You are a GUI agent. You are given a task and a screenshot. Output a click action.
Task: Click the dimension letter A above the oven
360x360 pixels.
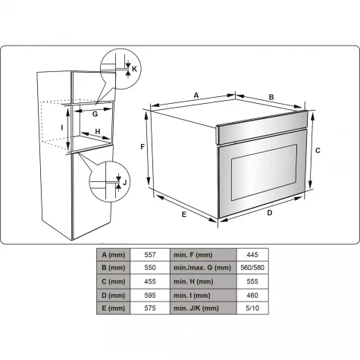tap(196, 95)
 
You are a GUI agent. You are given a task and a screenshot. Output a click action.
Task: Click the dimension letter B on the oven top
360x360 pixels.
tap(271, 97)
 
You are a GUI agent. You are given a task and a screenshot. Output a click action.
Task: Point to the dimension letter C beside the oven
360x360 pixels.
tap(318, 151)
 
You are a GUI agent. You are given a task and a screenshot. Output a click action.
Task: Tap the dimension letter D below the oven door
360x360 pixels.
tap(270, 213)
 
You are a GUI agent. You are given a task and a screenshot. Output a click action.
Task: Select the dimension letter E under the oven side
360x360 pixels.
tap(184, 214)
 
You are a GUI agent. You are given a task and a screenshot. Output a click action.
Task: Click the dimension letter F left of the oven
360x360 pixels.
tap(142, 146)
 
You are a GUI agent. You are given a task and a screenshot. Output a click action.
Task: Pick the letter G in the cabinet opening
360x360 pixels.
tap(95, 114)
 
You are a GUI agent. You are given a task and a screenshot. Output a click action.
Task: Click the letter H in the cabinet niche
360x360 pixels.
tap(98, 132)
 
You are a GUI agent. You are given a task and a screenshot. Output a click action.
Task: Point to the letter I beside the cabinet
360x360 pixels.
tap(62, 128)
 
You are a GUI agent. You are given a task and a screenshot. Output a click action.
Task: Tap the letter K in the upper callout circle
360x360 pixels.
tap(134, 69)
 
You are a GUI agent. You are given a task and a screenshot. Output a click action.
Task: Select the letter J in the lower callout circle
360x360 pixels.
tap(124, 182)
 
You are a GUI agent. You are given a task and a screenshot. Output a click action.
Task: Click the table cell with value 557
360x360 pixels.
tap(150, 255)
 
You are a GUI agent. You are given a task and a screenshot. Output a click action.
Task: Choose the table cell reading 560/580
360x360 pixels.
tap(252, 268)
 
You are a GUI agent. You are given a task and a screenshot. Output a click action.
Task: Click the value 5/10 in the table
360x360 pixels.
tap(252, 308)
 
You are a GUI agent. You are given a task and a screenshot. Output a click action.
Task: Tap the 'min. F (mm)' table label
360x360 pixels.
tap(193, 255)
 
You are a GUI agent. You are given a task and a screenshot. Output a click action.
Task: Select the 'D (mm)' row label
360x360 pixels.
tap(114, 296)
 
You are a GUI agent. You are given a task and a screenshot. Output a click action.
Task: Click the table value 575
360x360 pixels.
tap(150, 308)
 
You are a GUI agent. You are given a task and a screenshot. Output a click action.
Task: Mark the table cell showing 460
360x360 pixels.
tap(252, 296)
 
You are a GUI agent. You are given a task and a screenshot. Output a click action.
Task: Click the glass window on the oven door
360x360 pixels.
tap(264, 172)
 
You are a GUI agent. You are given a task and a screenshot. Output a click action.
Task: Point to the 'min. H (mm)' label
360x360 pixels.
tap(193, 282)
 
